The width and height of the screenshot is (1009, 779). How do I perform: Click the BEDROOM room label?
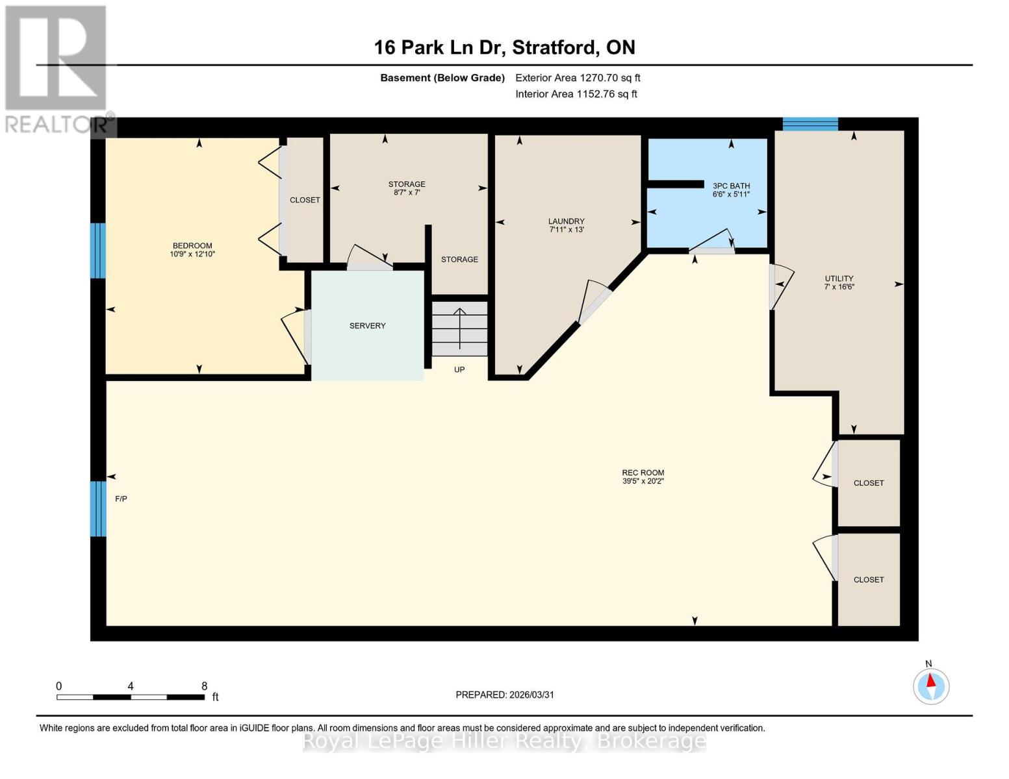click(x=192, y=245)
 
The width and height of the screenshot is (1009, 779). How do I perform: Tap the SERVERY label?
click(x=367, y=326)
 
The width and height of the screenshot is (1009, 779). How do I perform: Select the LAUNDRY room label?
click(x=566, y=221)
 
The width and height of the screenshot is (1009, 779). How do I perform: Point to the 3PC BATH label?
click(x=731, y=186)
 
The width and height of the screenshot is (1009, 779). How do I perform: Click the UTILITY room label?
click(x=839, y=278)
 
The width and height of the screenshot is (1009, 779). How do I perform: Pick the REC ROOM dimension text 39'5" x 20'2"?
click(x=643, y=482)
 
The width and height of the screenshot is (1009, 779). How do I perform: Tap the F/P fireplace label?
click(x=121, y=499)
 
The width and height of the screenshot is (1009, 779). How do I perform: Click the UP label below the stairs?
click(x=459, y=370)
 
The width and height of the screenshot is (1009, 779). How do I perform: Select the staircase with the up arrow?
click(x=459, y=328)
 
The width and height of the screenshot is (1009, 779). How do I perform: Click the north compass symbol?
click(x=931, y=686)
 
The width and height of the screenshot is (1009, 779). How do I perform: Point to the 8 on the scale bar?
click(x=204, y=686)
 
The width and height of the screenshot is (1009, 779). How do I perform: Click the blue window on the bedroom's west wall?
click(x=97, y=251)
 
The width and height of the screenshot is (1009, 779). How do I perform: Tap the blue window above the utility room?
click(x=810, y=124)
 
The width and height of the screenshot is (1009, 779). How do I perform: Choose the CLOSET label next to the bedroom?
click(x=305, y=200)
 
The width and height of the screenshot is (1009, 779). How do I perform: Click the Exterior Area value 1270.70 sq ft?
click(x=609, y=78)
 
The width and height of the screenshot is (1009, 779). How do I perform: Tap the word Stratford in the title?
click(x=555, y=47)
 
